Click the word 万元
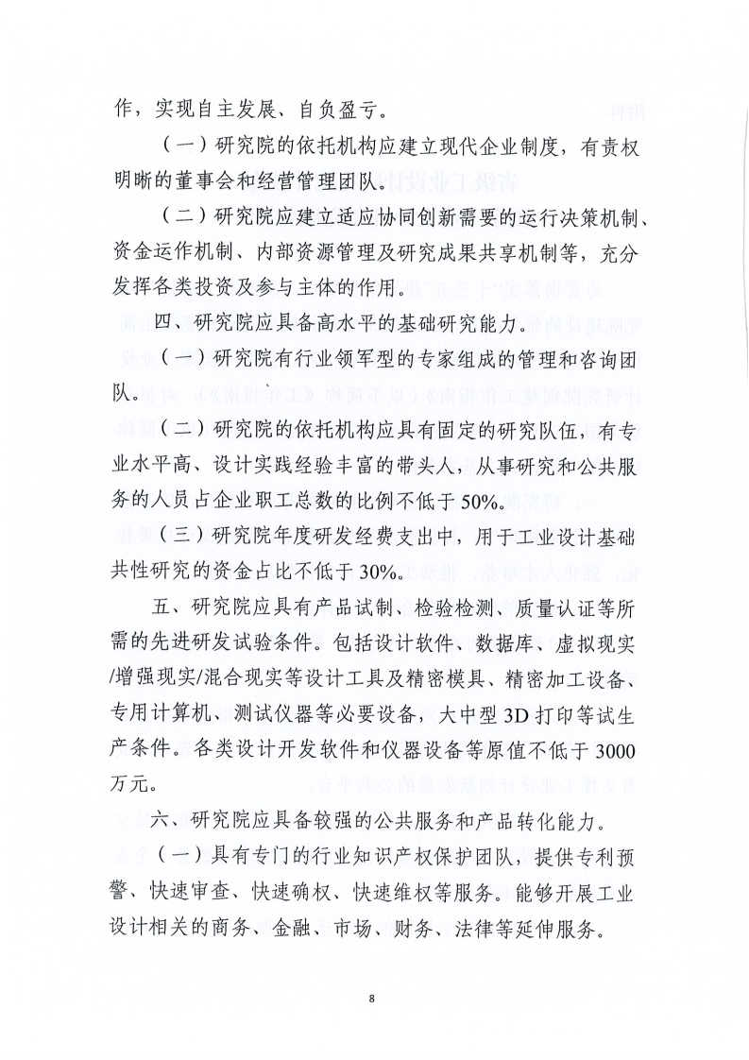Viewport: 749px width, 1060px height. tap(132, 783)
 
